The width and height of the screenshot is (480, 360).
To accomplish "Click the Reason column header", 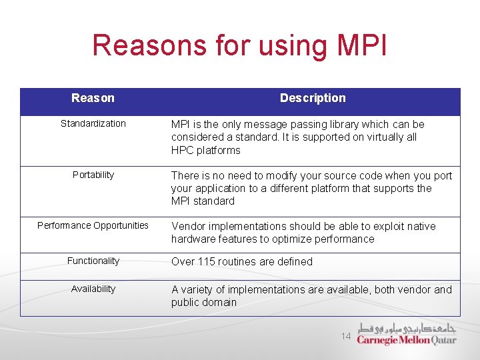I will [x=93, y=98].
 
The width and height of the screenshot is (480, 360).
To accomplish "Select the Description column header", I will [x=313, y=98].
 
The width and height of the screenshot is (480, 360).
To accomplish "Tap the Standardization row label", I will [x=93, y=123].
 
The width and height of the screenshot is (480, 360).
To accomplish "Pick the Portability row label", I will [x=93, y=175].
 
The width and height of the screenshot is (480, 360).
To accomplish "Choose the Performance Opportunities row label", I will [x=93, y=225].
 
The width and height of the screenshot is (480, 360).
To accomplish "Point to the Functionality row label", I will [x=93, y=261].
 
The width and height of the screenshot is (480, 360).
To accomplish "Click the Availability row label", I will [x=93, y=289].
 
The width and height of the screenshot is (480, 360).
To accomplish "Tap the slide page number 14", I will [x=346, y=337].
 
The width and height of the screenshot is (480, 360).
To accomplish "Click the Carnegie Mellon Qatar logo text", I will [x=406, y=340].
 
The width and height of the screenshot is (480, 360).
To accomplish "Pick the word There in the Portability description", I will [x=185, y=175].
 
